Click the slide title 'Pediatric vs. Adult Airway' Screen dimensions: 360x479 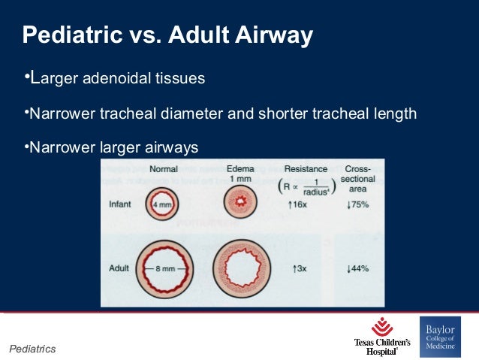(167, 35)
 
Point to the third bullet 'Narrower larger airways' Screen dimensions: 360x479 (113, 147)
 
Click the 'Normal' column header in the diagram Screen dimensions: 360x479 (164, 169)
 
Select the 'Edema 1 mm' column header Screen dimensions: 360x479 (240, 174)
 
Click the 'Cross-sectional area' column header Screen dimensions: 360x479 (360, 178)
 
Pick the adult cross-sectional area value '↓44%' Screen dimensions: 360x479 (359, 268)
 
